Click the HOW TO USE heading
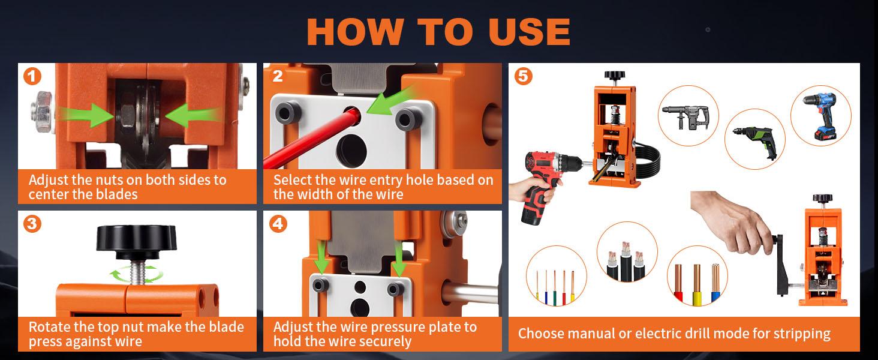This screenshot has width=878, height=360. click(438, 32)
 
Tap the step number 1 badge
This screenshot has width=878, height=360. click(32, 77)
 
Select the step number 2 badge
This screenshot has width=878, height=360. click(277, 76)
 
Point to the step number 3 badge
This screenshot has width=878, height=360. click(32, 224)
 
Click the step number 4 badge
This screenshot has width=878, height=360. click(278, 224)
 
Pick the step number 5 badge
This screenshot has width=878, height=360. click(523, 77)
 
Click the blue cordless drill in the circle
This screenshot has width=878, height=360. click(821, 115)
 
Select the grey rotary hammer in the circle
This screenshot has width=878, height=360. click(687, 115)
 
